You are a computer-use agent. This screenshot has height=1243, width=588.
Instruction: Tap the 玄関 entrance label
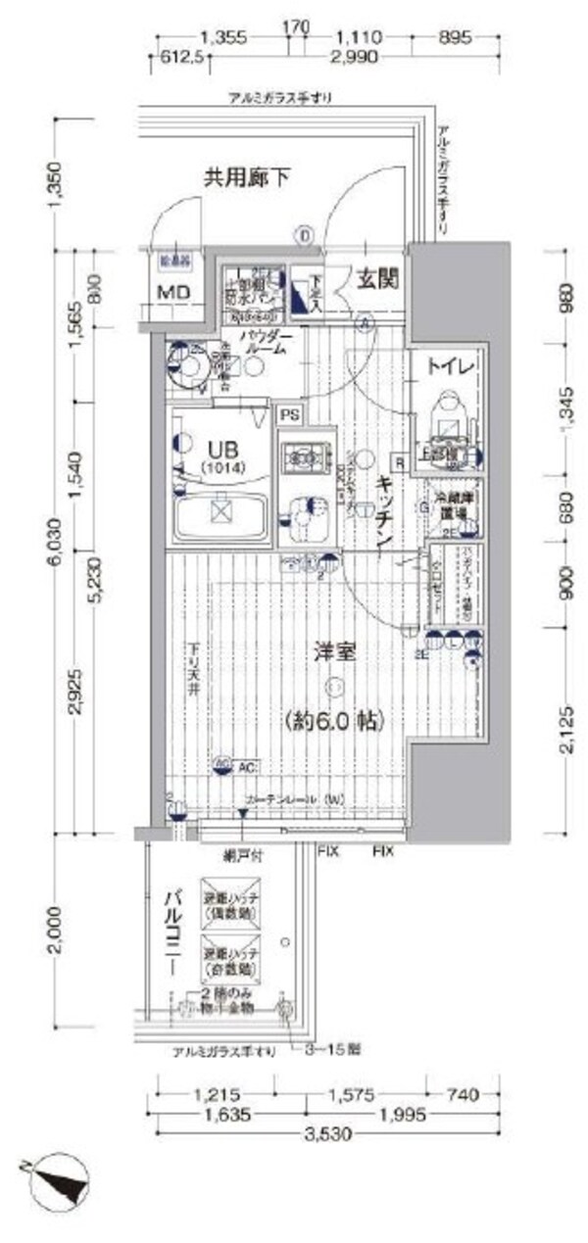(375, 279)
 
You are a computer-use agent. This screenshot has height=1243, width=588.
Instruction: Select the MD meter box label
(176, 294)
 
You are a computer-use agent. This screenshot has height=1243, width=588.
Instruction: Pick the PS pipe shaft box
(289, 415)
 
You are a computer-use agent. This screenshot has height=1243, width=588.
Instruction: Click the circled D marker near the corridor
(305, 235)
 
